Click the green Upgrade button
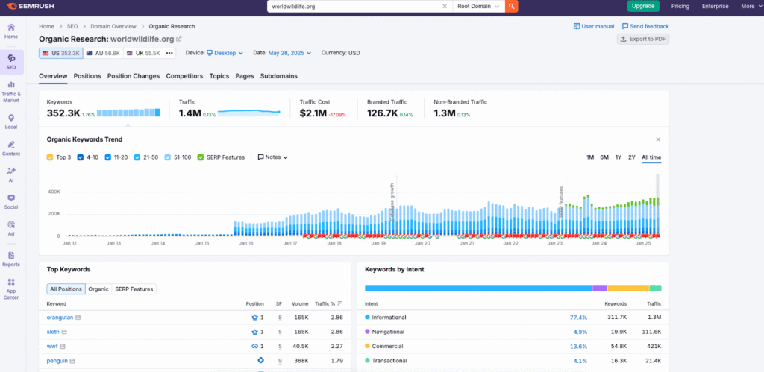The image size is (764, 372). [x=643, y=6]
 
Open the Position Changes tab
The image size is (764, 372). [x=134, y=76]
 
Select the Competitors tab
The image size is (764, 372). [x=184, y=76]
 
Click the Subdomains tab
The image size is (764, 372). [x=278, y=76]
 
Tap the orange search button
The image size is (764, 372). [x=512, y=6]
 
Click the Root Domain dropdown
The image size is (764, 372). [x=478, y=6]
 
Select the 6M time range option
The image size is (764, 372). [x=604, y=157]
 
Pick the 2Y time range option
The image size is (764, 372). [x=632, y=157]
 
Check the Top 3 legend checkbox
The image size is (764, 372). [x=50, y=157]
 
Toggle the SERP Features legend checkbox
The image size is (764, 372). [x=201, y=157]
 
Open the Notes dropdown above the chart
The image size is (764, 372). [x=273, y=157]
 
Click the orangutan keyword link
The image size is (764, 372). [x=60, y=318]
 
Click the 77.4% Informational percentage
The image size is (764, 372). [x=577, y=318]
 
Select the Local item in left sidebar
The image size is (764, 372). [x=11, y=122]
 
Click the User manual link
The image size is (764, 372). [x=594, y=26]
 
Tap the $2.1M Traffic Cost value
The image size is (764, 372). [x=313, y=113]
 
